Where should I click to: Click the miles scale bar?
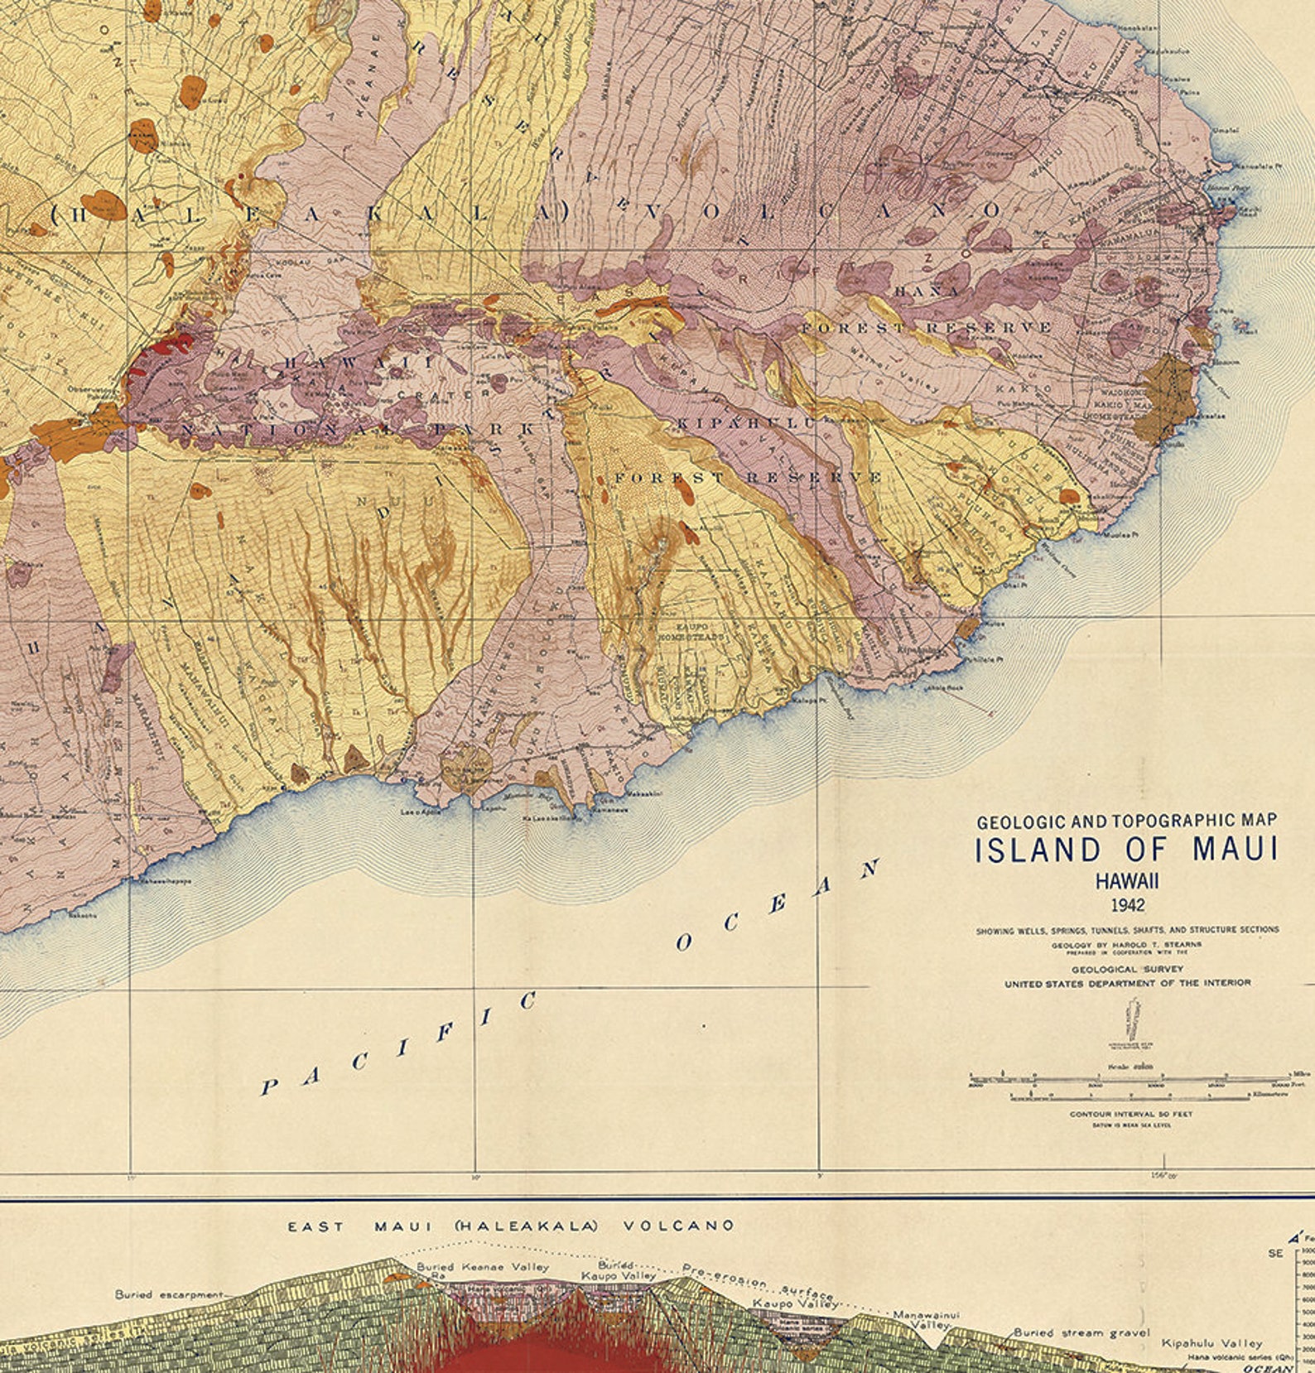tap(1126, 1079)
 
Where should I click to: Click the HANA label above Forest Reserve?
tap(927, 291)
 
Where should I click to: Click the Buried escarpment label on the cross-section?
tap(169, 1294)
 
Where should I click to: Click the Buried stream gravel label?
tap(1081, 1333)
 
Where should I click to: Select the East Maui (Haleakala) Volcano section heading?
tap(510, 1226)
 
